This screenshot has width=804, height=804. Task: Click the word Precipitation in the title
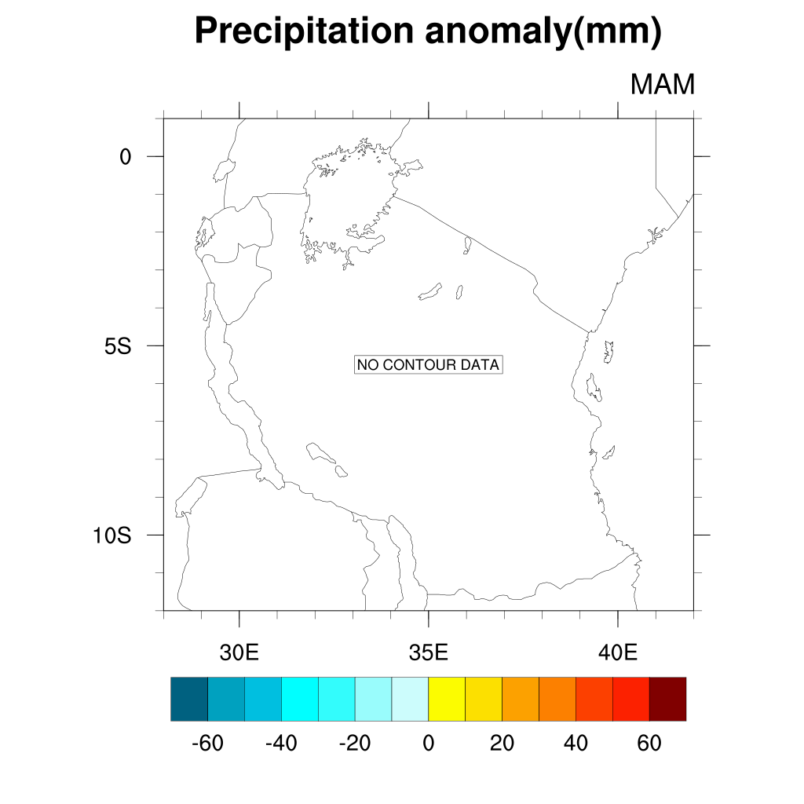(303, 31)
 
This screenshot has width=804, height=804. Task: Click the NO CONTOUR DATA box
(428, 365)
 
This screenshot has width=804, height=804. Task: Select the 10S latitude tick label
(111, 535)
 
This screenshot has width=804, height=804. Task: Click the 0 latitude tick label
(126, 157)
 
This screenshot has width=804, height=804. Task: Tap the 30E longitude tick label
(239, 652)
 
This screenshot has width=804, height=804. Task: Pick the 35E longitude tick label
(428, 652)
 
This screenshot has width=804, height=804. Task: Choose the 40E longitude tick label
(617, 652)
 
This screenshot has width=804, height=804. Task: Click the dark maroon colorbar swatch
(667, 699)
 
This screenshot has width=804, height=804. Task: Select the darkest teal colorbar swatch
(189, 699)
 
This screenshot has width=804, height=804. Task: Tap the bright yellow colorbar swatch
(447, 699)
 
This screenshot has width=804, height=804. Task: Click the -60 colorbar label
(207, 744)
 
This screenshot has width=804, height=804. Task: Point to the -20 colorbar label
(355, 744)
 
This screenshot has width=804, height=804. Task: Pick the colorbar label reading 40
(576, 744)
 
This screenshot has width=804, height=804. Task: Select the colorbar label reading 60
(649, 744)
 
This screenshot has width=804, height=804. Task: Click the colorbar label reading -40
(281, 744)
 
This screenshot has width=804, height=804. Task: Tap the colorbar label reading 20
(502, 744)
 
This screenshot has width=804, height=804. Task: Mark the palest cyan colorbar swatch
(410, 699)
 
